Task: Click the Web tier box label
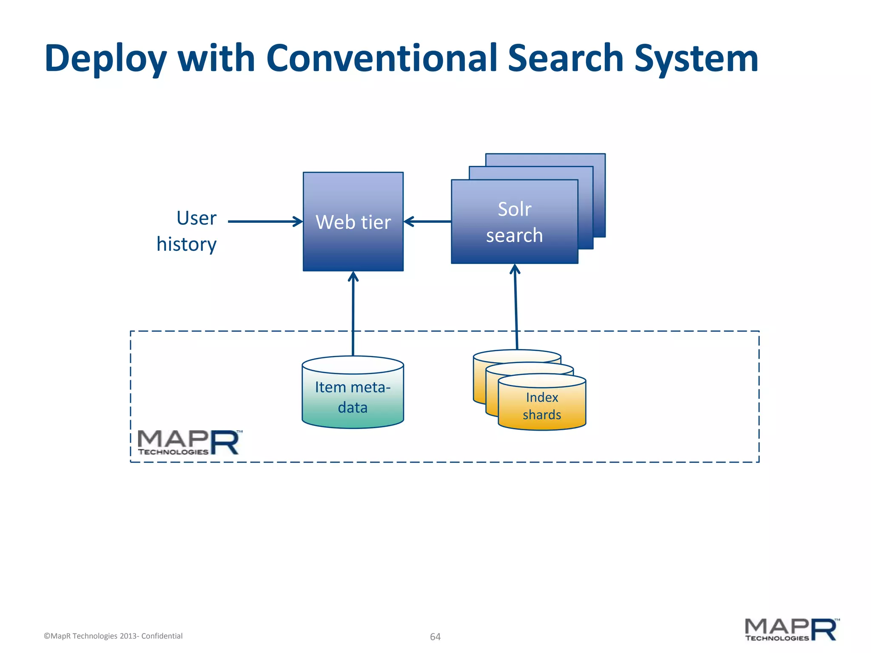pos(353,222)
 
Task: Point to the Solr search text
pos(515,222)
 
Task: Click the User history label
pos(187,231)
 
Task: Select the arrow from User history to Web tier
pos(264,221)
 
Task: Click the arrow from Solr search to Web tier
pos(427,221)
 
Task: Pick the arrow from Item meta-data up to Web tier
pos(353,315)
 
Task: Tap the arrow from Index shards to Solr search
pos(516,306)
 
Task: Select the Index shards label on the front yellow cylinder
pos(542,406)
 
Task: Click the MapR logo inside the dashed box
pos(189,443)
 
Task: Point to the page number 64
pos(435,636)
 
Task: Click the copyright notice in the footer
pos(113,636)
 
